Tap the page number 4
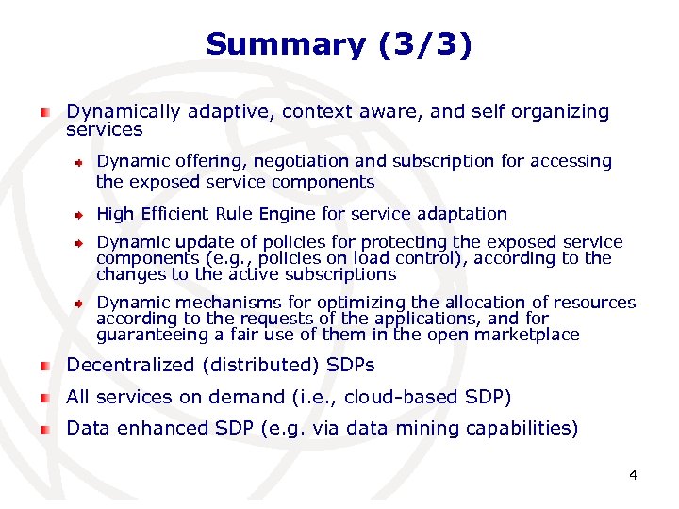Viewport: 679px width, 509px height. pyautogui.click(x=633, y=475)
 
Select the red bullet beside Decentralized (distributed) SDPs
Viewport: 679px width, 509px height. pyautogui.click(x=44, y=366)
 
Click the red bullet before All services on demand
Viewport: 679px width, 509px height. pyautogui.click(x=44, y=398)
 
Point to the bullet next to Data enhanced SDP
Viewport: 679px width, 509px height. pyautogui.click(x=44, y=429)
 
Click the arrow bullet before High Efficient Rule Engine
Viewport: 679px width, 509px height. pyautogui.click(x=81, y=215)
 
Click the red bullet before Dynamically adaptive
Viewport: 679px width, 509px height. pyautogui.click(x=44, y=112)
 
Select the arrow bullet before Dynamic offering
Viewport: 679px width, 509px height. pyautogui.click(x=81, y=162)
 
